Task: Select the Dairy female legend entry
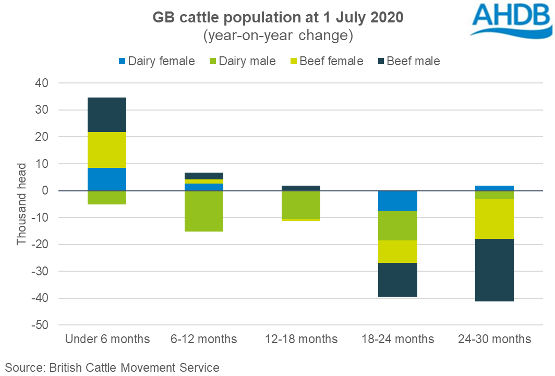[x=156, y=61]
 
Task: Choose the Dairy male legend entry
[x=240, y=61]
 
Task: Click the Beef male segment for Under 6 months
[x=107, y=115]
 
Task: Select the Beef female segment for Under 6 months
[x=107, y=150]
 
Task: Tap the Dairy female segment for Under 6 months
[x=107, y=179]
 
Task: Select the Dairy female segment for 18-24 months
[x=398, y=201]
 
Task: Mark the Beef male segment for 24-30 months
[x=495, y=270]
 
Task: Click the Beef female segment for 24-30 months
[x=495, y=219]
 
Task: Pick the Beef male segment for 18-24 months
[x=398, y=280]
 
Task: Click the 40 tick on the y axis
[x=42, y=83]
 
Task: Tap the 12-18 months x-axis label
[x=301, y=339]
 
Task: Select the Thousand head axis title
[x=21, y=204]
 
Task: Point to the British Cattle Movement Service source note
[x=112, y=367]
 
